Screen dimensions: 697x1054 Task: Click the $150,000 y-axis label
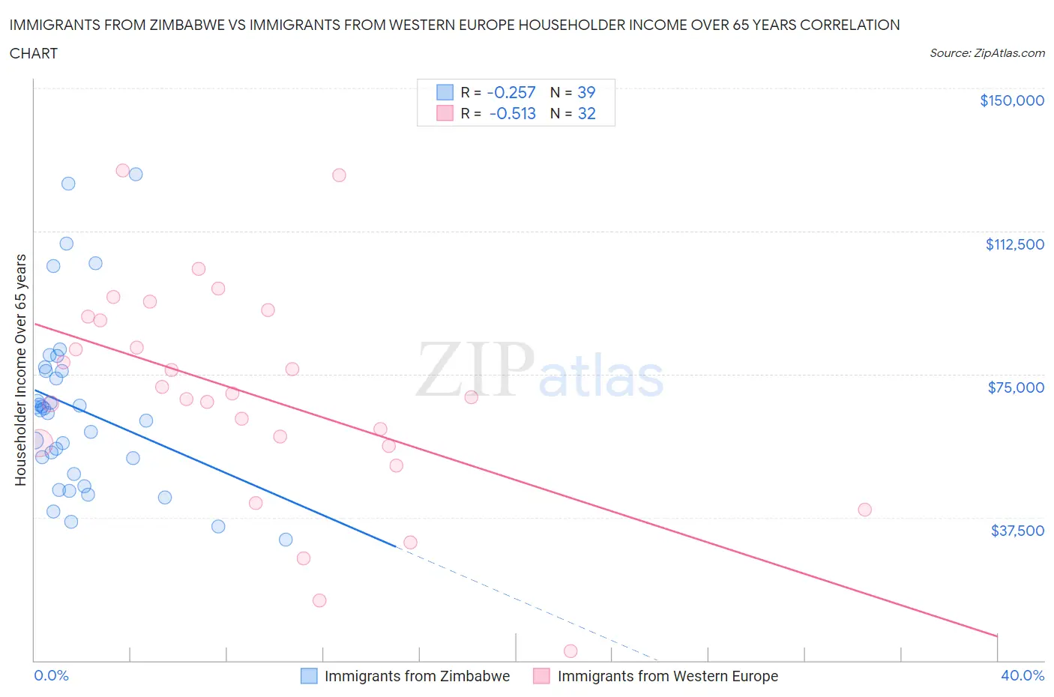(1011, 100)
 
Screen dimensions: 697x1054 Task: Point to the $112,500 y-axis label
(1014, 244)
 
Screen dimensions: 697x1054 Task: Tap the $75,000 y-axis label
(1016, 387)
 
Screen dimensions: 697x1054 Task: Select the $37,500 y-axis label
(1017, 531)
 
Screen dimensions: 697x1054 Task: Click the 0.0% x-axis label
(51, 675)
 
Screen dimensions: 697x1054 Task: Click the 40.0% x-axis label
(1023, 675)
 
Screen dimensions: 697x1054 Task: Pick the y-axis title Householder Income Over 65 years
(21, 369)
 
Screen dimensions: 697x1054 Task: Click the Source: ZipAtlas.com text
(987, 53)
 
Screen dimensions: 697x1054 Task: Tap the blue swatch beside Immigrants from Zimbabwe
(309, 676)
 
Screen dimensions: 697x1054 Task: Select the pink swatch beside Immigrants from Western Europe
(541, 676)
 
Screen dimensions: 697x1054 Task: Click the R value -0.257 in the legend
(511, 92)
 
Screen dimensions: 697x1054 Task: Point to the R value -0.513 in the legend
(513, 113)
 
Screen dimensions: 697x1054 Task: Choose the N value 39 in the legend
(586, 92)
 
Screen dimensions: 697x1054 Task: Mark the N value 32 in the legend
(586, 113)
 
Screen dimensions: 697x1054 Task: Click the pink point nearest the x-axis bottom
(570, 651)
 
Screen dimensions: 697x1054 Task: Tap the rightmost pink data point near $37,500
(864, 510)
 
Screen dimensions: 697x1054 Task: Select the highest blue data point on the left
(68, 184)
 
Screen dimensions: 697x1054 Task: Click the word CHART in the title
(34, 53)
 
